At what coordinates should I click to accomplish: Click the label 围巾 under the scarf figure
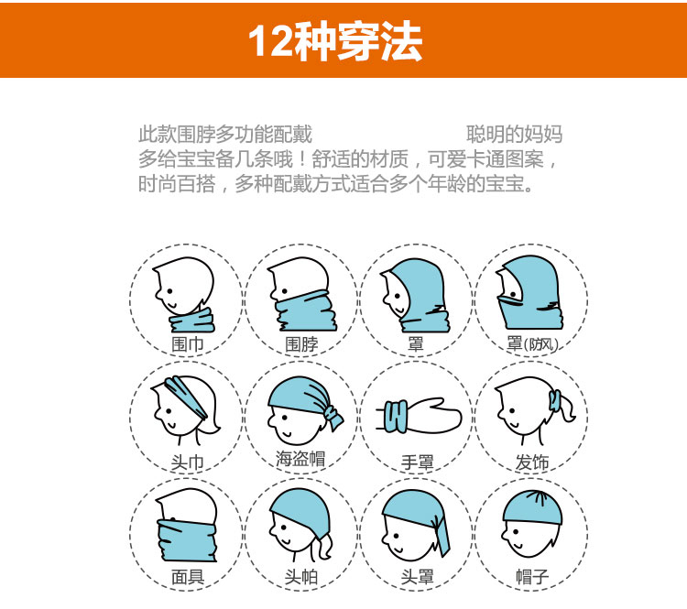tap(188, 344)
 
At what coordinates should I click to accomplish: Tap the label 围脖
tap(301, 344)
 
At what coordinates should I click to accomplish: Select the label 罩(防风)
tap(532, 344)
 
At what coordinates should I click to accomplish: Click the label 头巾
tap(188, 462)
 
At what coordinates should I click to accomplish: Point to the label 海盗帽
tap(300, 459)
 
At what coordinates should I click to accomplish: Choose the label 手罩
tap(417, 462)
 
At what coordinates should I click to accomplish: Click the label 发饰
tap(532, 462)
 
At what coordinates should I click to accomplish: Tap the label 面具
tap(188, 577)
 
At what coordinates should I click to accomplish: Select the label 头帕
tap(301, 577)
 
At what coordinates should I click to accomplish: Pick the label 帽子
tap(532, 577)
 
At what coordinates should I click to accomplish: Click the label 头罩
tap(417, 577)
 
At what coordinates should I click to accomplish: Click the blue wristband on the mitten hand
tap(396, 416)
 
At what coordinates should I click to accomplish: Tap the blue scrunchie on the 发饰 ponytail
tap(555, 401)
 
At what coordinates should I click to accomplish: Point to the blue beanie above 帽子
tap(532, 508)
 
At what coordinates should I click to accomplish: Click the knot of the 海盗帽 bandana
tap(333, 416)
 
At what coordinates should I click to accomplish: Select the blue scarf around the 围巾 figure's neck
tap(192, 321)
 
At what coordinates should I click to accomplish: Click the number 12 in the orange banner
tap(271, 41)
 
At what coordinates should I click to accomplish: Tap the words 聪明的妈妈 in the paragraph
tap(515, 134)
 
